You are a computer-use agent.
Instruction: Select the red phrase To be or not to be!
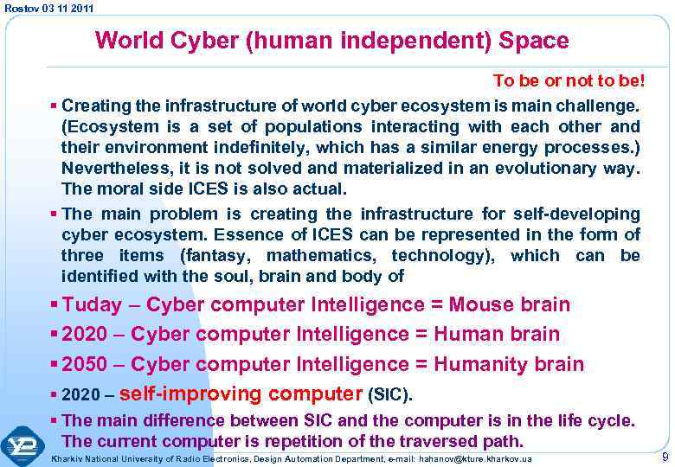(566, 81)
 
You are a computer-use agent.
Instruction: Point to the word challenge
(595, 106)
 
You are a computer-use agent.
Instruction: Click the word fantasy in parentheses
(217, 256)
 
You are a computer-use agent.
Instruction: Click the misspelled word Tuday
(93, 304)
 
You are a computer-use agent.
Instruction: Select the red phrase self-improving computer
(241, 394)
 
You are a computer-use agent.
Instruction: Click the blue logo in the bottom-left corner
(22, 445)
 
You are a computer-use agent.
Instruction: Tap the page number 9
(664, 457)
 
